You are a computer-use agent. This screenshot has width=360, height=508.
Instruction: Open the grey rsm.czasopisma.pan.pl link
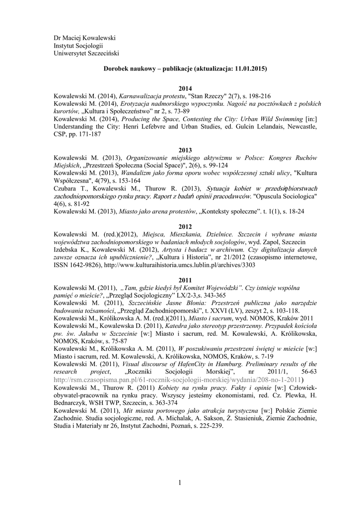[x=179, y=380]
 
